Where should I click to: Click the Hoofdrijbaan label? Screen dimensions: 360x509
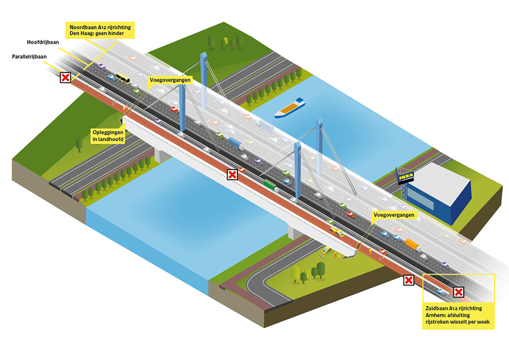coord(42,42)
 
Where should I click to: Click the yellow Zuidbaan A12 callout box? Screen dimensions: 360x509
coord(458,316)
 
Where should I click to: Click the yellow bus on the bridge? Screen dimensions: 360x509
coord(123,78)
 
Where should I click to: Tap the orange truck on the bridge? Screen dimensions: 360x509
coord(412,243)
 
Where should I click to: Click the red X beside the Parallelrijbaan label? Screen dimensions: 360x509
coord(65,77)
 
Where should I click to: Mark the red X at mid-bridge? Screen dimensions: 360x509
coord(232,175)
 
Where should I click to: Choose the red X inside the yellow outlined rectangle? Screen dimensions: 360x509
coord(459,293)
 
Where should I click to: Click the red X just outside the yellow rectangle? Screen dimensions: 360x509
coord(409,280)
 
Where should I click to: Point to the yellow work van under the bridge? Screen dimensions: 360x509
coord(326,250)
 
